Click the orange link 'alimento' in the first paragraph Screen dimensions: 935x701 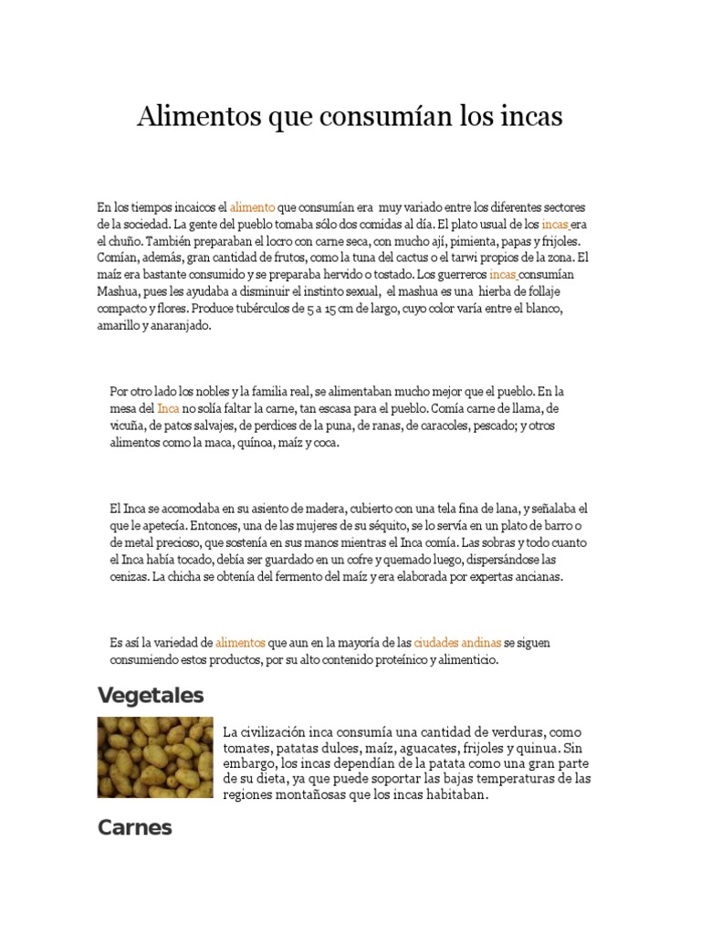point(252,208)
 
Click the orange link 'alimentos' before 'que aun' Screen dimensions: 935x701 point(241,643)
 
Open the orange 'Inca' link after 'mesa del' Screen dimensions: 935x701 point(168,408)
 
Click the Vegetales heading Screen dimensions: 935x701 point(151,696)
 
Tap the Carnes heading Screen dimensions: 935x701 point(135,827)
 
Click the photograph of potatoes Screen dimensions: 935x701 point(155,757)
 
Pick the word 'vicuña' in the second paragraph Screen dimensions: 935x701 point(127,425)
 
